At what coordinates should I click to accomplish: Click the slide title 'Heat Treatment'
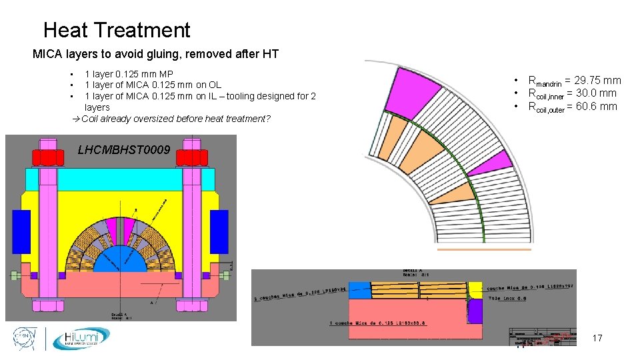[117, 30]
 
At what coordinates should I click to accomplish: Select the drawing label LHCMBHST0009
[123, 149]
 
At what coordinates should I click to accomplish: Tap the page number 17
[597, 338]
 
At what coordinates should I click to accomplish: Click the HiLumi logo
[81, 338]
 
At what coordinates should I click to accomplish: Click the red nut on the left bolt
[47, 157]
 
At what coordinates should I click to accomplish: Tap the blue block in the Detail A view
[360, 289]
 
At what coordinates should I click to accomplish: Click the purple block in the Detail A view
[475, 309]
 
